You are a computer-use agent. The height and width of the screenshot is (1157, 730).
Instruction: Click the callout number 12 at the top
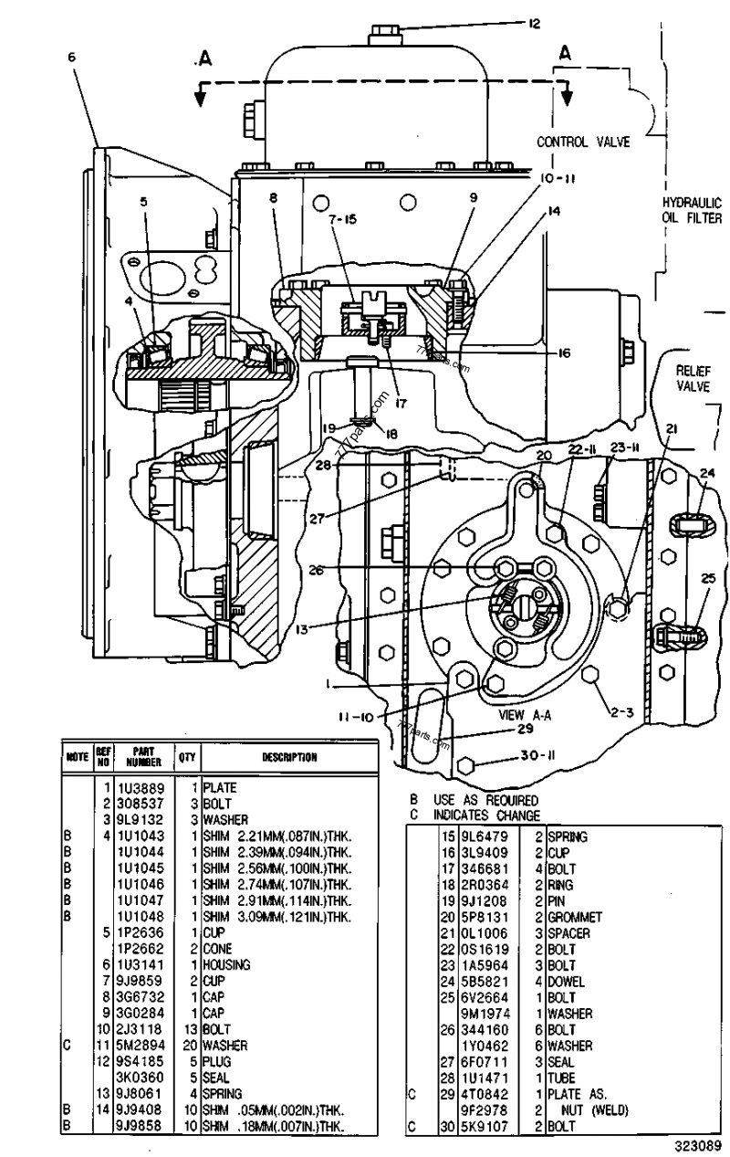click(534, 24)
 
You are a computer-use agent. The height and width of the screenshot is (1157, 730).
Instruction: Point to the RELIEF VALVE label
click(693, 378)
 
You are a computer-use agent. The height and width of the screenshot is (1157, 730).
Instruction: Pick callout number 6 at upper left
click(71, 57)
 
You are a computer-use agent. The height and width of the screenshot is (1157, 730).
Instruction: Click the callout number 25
click(709, 578)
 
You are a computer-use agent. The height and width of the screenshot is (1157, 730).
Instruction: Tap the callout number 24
click(707, 473)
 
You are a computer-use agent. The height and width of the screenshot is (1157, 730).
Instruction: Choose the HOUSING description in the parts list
click(227, 964)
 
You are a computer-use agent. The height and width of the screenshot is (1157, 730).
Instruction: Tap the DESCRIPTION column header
click(289, 757)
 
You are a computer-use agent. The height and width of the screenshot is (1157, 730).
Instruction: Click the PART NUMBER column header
click(143, 757)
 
